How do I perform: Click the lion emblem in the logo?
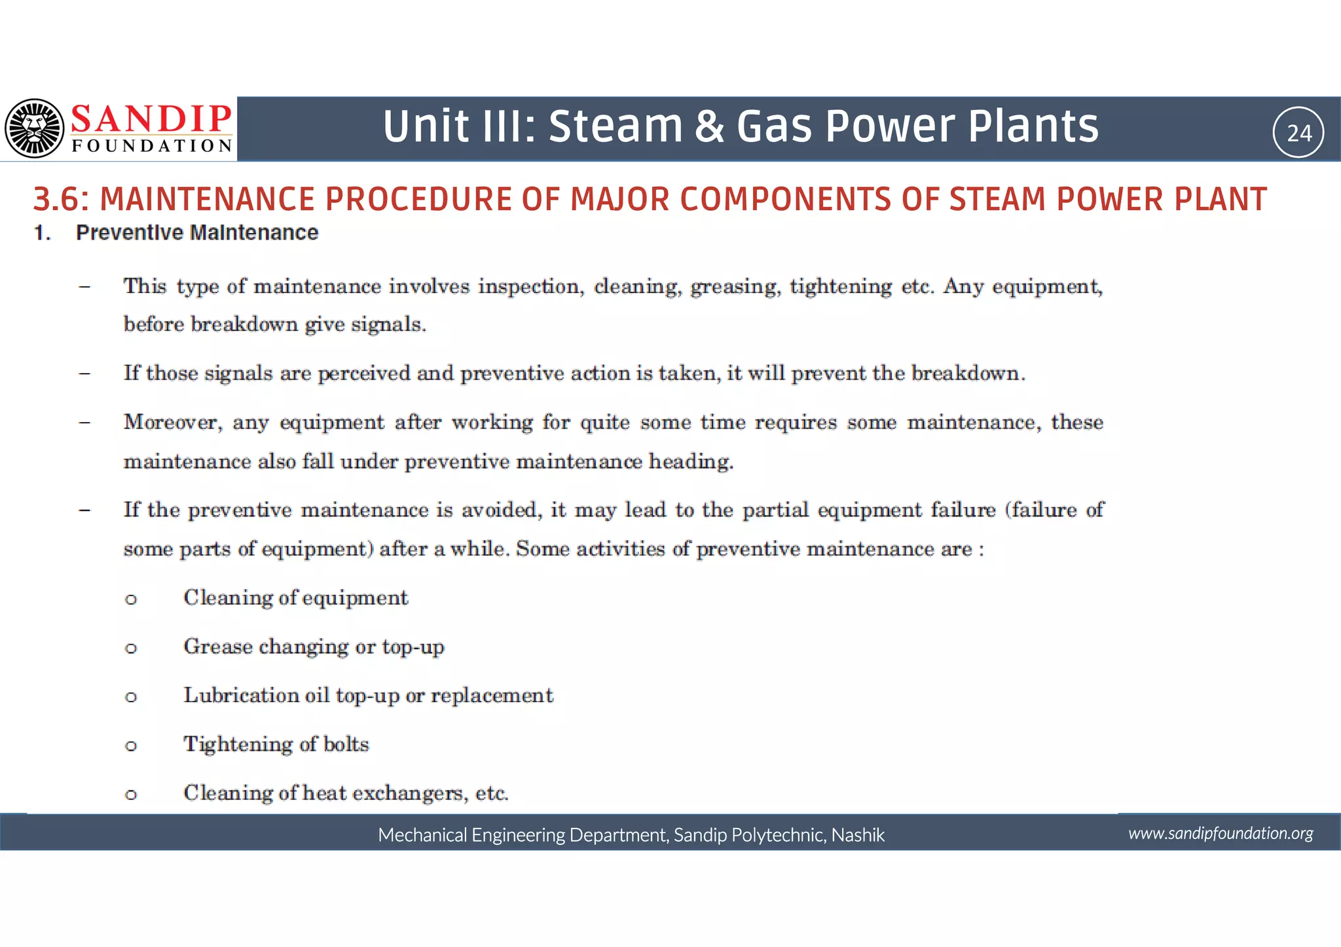(35, 128)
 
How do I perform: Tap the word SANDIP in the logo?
(151, 118)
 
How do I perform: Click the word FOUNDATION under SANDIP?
(151, 145)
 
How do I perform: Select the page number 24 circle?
(1298, 133)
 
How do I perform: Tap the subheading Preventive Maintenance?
(196, 232)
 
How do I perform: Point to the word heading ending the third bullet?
(690, 461)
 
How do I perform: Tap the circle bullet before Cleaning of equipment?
(131, 599)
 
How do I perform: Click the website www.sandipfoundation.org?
(1220, 833)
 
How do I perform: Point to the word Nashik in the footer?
(858, 835)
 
